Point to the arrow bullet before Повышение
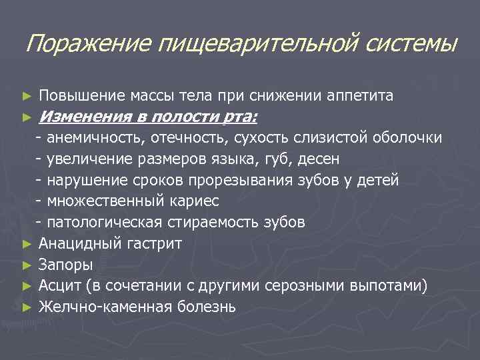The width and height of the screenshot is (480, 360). (x=27, y=97)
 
